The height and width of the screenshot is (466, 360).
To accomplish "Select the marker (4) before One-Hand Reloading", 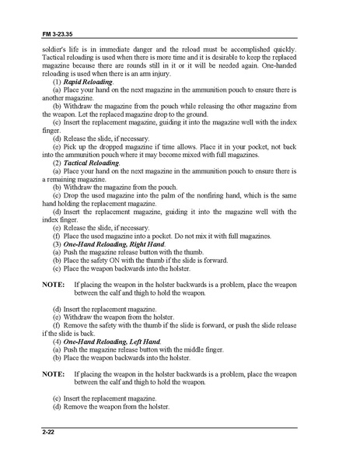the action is coord(57,342).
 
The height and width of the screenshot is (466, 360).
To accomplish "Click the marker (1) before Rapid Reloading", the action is coord(57,82).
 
